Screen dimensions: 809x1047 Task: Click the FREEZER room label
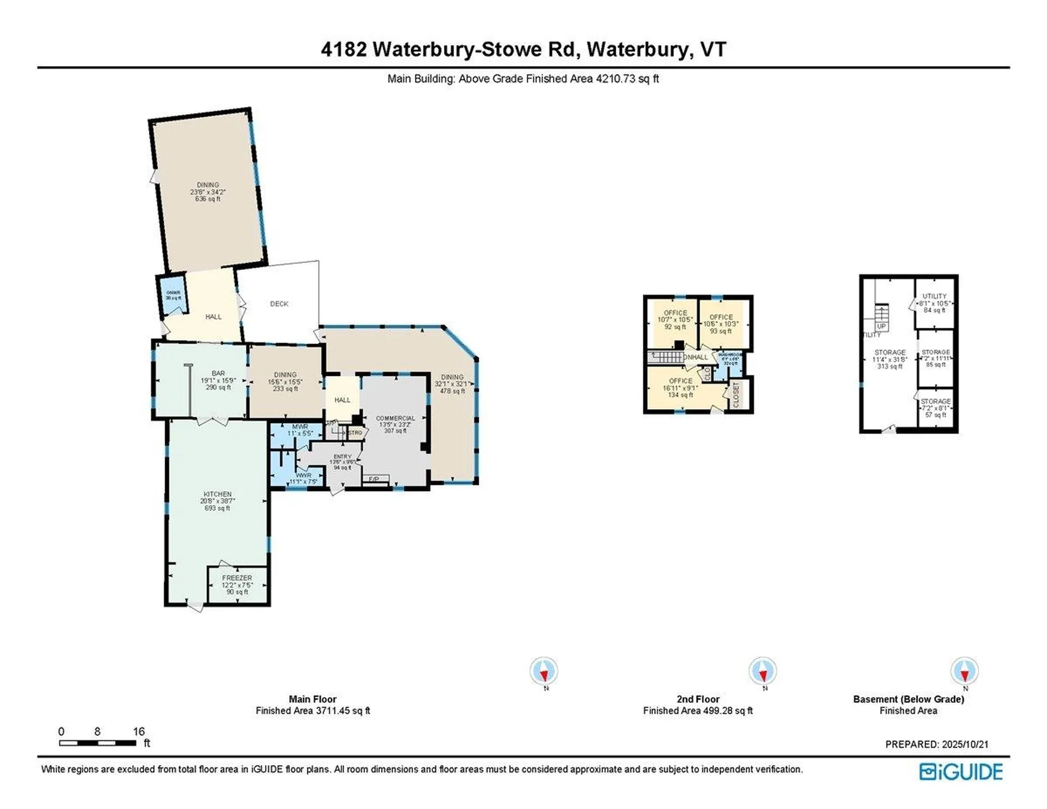point(237,578)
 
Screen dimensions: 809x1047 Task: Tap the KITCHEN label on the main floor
point(218,494)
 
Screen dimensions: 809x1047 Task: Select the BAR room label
point(218,374)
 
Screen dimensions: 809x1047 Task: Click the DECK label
point(279,304)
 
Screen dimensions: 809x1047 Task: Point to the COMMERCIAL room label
point(395,418)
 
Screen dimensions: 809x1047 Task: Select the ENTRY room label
point(342,457)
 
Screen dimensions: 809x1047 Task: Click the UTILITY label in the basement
point(935,296)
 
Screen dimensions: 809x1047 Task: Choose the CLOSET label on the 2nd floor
point(736,394)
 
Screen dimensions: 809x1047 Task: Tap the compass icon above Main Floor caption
point(544,671)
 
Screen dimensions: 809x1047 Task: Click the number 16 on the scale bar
point(139,732)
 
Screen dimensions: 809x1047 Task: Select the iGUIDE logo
point(961,772)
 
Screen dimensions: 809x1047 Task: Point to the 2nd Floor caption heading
point(698,699)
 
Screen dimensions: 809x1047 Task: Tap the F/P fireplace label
point(374,480)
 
